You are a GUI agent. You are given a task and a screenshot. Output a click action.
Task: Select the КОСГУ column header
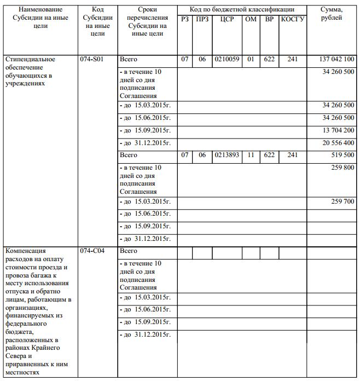point(292,19)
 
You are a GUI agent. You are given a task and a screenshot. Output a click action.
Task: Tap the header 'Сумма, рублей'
point(332,14)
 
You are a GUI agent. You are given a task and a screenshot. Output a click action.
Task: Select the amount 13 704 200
point(339,130)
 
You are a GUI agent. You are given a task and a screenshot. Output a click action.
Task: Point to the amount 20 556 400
point(339,143)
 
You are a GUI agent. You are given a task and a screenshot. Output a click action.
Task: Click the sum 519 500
point(342,155)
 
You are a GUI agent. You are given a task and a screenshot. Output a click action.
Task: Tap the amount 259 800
point(342,168)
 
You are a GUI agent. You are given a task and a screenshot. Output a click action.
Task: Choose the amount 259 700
point(342,201)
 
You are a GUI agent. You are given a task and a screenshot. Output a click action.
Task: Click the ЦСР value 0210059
point(227,59)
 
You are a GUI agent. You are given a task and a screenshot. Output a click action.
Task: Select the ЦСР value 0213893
point(227,155)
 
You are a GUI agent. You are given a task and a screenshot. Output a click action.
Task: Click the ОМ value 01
point(251,59)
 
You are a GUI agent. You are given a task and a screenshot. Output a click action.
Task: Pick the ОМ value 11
point(251,155)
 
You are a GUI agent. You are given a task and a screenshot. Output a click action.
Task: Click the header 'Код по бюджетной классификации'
point(241,9)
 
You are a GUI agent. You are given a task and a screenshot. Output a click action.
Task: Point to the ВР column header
point(269,19)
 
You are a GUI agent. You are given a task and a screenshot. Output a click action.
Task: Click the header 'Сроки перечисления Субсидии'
point(147,21)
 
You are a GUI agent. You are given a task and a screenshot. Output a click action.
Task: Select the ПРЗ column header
point(202,19)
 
